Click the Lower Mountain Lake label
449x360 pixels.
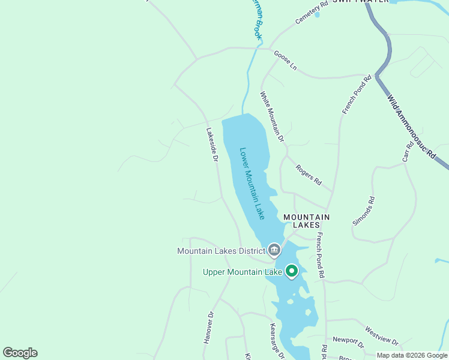[x=252, y=183]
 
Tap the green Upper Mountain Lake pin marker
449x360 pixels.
[x=292, y=271]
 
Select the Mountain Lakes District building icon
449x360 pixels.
[x=274, y=249]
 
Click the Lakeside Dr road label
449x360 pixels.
[x=211, y=145]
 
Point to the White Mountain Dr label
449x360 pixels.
[x=272, y=116]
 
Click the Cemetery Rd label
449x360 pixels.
[x=312, y=13]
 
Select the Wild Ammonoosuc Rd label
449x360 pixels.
[x=411, y=126]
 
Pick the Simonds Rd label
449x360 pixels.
[x=364, y=211]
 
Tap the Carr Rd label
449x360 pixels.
[x=408, y=151]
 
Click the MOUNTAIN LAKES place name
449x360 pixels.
[x=306, y=221]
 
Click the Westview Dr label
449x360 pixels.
[x=381, y=335]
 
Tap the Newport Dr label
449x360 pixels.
[x=349, y=343]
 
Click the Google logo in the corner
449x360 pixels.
[x=20, y=353]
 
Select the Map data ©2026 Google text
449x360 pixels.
[x=411, y=355]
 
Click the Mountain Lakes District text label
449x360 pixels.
[x=221, y=250]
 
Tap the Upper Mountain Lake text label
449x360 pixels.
[x=242, y=272]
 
